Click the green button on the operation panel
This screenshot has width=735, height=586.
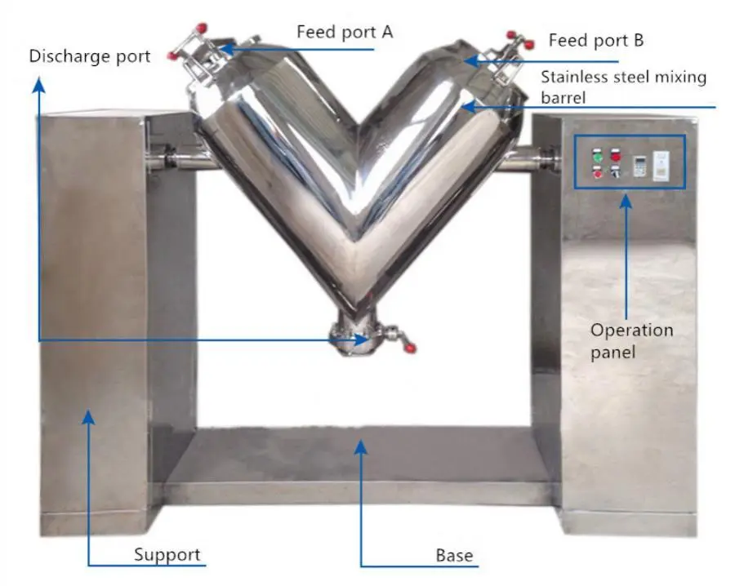(x=596, y=155)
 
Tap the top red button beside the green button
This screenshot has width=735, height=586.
(x=615, y=154)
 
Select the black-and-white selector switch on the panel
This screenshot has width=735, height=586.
(x=614, y=171)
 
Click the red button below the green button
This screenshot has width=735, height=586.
(x=597, y=171)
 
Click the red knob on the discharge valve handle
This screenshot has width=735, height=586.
(x=410, y=348)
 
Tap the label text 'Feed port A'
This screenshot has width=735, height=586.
(x=345, y=33)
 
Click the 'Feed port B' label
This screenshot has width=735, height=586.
(x=596, y=39)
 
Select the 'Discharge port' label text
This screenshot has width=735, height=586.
(x=90, y=56)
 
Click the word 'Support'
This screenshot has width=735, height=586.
(x=167, y=555)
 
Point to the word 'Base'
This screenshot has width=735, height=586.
(x=454, y=555)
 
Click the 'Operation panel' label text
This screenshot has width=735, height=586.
(x=632, y=341)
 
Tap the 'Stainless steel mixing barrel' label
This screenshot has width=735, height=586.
(x=623, y=87)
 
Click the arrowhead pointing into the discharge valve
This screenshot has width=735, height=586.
(x=360, y=340)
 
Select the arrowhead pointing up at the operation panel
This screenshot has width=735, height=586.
(x=627, y=200)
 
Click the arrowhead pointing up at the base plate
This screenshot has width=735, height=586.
(x=361, y=444)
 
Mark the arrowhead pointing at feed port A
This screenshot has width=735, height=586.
(x=226, y=49)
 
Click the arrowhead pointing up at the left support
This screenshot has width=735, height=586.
(x=89, y=415)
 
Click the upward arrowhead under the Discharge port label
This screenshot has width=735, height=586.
(x=38, y=82)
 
